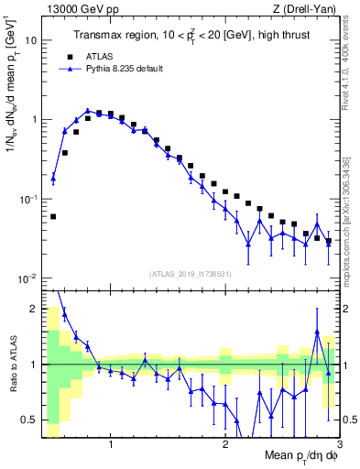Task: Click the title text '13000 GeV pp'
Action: pos(77,8)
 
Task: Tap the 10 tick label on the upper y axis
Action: pos(30,41)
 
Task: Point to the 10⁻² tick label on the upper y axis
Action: pos(27,278)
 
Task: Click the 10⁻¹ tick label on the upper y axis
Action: pos(27,200)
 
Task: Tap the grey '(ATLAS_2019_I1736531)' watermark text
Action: pos(191,274)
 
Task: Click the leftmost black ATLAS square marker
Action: pos(53,217)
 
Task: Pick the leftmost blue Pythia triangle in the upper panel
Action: pos(53,179)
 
